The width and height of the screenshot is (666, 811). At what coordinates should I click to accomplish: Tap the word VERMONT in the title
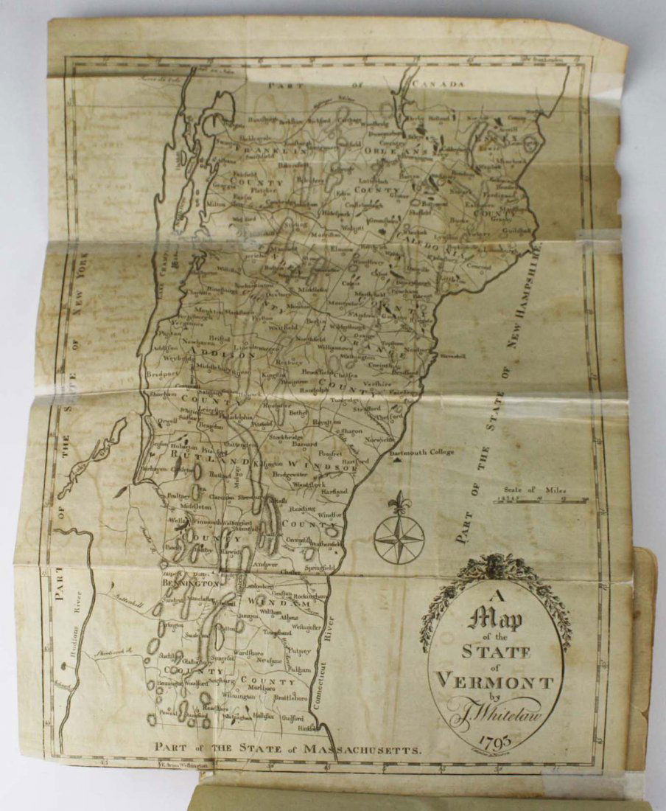click(495, 678)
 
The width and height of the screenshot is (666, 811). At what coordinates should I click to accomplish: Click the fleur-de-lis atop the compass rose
click(399, 504)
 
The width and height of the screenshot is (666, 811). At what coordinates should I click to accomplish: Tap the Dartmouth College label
click(422, 452)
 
